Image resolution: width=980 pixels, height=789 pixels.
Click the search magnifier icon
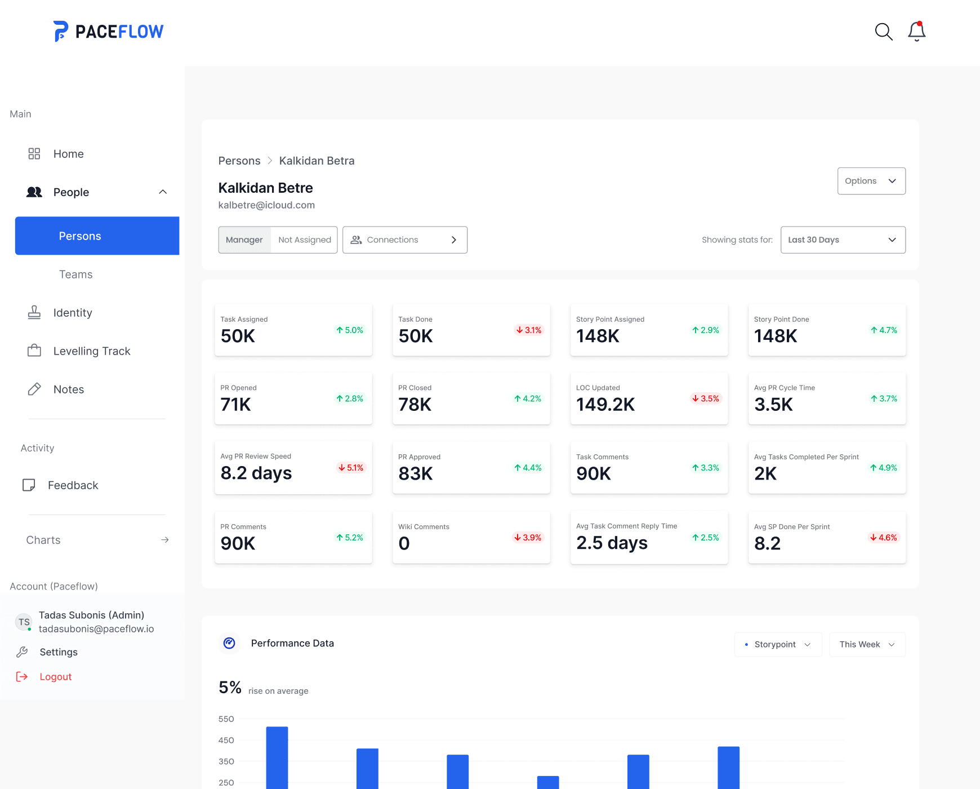tap(883, 32)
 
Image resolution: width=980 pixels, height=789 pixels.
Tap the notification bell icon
tap(916, 32)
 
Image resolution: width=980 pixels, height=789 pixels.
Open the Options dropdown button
tap(871, 181)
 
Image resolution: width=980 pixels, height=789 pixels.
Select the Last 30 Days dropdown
tap(843, 240)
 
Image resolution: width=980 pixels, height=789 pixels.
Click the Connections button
tap(404, 240)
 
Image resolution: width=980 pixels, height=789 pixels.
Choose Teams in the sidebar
tap(76, 274)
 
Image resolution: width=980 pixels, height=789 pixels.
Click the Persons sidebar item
tap(97, 236)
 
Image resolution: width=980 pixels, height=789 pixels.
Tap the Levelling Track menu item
tap(91, 351)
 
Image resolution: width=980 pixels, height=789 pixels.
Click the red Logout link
tap(55, 677)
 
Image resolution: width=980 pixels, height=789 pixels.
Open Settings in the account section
tap(59, 652)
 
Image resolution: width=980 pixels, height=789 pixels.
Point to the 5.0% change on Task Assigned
tap(350, 330)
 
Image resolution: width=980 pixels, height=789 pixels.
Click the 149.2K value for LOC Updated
tap(605, 405)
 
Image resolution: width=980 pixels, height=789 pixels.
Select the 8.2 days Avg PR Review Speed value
tap(256, 473)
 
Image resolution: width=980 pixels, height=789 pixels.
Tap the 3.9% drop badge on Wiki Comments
tap(528, 538)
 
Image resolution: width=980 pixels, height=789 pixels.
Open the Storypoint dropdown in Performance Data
tap(778, 645)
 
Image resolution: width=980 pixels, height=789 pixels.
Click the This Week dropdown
tap(867, 645)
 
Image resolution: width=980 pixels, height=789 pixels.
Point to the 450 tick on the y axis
tap(226, 741)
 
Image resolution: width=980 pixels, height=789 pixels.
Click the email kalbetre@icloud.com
tap(266, 205)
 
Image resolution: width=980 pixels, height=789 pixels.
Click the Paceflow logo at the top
tap(109, 32)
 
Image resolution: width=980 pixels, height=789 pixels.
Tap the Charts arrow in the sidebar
tap(164, 540)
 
